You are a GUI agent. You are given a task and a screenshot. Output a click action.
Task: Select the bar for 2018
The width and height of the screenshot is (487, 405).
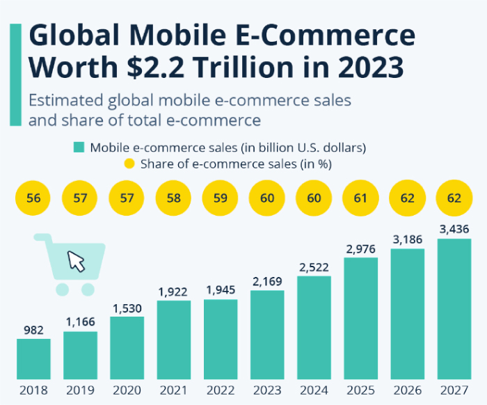pos(33,358)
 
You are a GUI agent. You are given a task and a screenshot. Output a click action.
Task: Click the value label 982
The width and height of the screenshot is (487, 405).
pos(33,329)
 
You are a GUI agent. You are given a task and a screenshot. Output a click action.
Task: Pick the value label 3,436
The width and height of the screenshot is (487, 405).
pos(454,229)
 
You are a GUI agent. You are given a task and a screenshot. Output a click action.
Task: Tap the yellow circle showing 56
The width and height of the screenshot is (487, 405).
pos(33,198)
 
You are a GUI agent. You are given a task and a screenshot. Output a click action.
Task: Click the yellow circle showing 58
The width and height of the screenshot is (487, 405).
pos(173,198)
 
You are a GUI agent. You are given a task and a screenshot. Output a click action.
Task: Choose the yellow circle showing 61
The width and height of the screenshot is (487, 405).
pos(360,198)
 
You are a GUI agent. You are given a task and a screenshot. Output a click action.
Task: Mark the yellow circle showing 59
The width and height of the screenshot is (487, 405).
pos(220,198)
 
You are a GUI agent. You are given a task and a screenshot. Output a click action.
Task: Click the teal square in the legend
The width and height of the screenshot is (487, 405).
pos(79,148)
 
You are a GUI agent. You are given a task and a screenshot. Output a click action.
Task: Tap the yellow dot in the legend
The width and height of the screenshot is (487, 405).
pos(129,164)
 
